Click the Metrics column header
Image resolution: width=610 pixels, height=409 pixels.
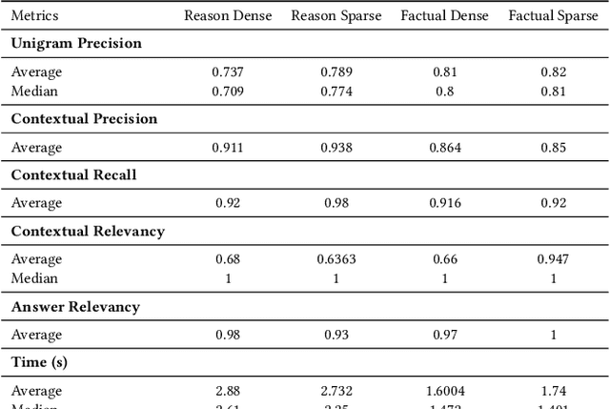tap(34, 16)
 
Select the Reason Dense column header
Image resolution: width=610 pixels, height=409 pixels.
tap(227, 16)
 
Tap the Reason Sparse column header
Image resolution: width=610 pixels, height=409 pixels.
tap(335, 16)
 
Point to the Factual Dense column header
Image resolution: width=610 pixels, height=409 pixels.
tap(444, 16)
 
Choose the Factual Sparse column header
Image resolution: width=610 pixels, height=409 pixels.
tap(553, 16)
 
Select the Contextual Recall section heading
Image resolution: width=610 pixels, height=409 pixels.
tap(72, 174)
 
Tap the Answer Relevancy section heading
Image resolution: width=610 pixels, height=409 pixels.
tap(74, 307)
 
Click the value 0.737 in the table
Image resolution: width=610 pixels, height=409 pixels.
tap(227, 72)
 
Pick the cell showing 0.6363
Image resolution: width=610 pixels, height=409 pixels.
tap(335, 259)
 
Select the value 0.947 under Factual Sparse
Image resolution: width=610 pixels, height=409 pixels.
tap(553, 259)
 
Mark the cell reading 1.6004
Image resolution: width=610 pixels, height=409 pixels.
tap(444, 391)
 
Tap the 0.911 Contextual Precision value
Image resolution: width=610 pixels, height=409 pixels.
tap(227, 148)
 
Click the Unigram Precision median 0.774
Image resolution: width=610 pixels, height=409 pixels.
tap(335, 91)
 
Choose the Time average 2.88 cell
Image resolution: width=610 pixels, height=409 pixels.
tap(227, 391)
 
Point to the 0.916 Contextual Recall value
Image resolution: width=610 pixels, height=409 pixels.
tap(444, 203)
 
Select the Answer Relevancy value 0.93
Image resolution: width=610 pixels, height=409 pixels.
tap(335, 335)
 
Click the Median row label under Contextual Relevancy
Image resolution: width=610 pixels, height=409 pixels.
tap(34, 278)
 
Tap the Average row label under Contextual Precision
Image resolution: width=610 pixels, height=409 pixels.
tap(36, 148)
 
